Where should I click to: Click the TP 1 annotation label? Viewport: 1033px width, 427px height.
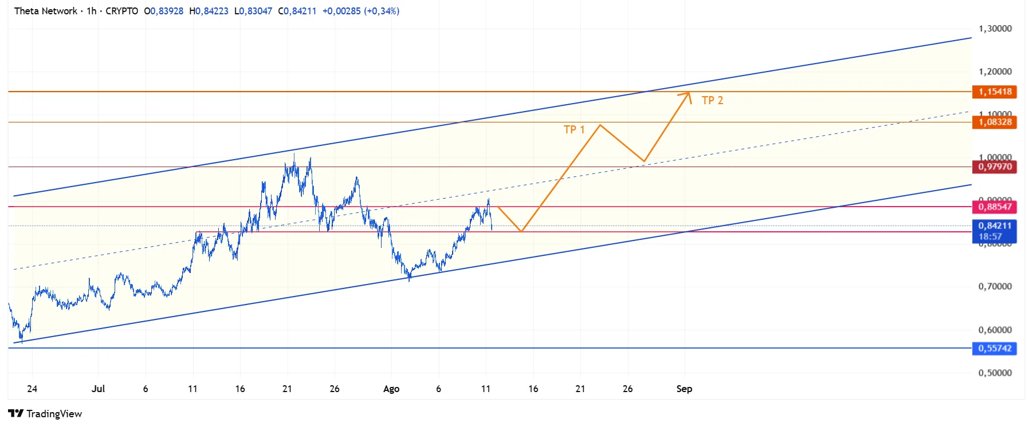pos(574,130)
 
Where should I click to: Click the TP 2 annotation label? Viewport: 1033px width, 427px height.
pos(712,101)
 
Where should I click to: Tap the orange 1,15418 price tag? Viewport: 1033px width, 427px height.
pos(994,92)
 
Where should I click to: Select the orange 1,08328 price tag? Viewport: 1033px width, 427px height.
pos(994,122)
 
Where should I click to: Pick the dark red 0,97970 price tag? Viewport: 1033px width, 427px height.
pos(994,167)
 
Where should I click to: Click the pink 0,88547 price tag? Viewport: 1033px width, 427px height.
pos(994,207)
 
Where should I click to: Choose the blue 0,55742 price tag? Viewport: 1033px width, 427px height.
pos(994,348)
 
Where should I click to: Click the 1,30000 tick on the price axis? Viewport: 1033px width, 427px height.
pos(995,29)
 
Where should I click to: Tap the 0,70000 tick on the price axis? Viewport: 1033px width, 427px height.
pos(995,286)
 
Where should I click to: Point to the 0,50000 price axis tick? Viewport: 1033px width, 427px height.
pos(995,373)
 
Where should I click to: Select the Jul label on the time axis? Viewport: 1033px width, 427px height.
pos(98,389)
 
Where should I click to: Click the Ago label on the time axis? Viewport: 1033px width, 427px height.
pos(391,389)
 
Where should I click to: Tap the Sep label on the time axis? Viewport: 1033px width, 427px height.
pos(684,389)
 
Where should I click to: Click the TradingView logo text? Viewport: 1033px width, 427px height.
pos(54,414)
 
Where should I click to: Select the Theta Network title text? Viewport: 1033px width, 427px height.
pos(45,11)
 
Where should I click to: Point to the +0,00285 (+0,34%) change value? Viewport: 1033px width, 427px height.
pos(360,11)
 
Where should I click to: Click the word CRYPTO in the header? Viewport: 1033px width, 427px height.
pos(121,11)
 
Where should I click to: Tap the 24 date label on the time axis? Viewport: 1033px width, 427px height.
pos(32,389)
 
